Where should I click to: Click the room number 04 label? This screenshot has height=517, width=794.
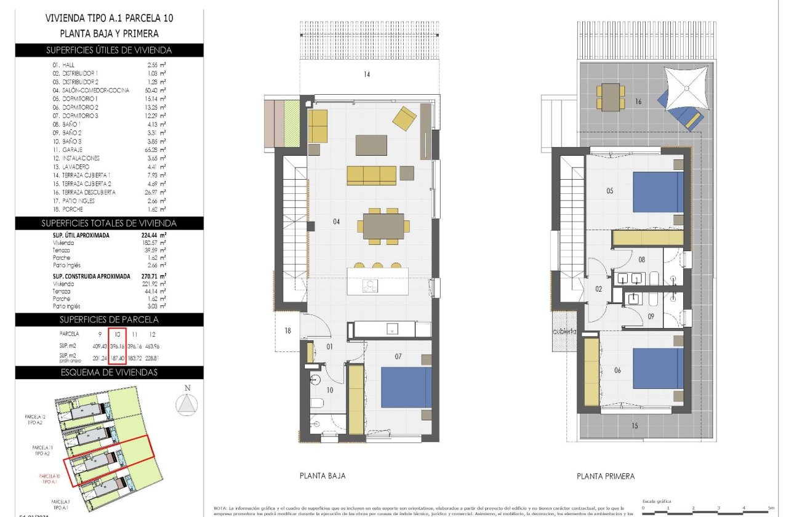(x=336, y=222)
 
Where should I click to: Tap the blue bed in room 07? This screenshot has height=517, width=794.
(x=405, y=387)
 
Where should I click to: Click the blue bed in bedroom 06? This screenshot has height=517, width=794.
(x=657, y=369)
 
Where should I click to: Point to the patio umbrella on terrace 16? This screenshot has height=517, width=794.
(x=688, y=88)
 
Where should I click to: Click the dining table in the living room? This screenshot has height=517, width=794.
(x=383, y=226)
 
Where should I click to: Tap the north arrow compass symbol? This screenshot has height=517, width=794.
(x=187, y=404)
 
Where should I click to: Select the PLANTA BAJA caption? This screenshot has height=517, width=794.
(x=322, y=476)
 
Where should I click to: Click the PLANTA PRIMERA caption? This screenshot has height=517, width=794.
(x=606, y=476)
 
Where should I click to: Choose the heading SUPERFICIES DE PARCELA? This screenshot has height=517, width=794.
(x=109, y=319)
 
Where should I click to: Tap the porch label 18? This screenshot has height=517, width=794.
(x=287, y=331)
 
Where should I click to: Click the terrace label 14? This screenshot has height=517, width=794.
(x=367, y=75)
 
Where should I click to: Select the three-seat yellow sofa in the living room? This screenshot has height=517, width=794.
(x=371, y=175)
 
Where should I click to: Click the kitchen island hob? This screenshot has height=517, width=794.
(x=371, y=284)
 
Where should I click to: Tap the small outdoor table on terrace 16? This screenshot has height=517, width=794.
(x=611, y=97)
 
